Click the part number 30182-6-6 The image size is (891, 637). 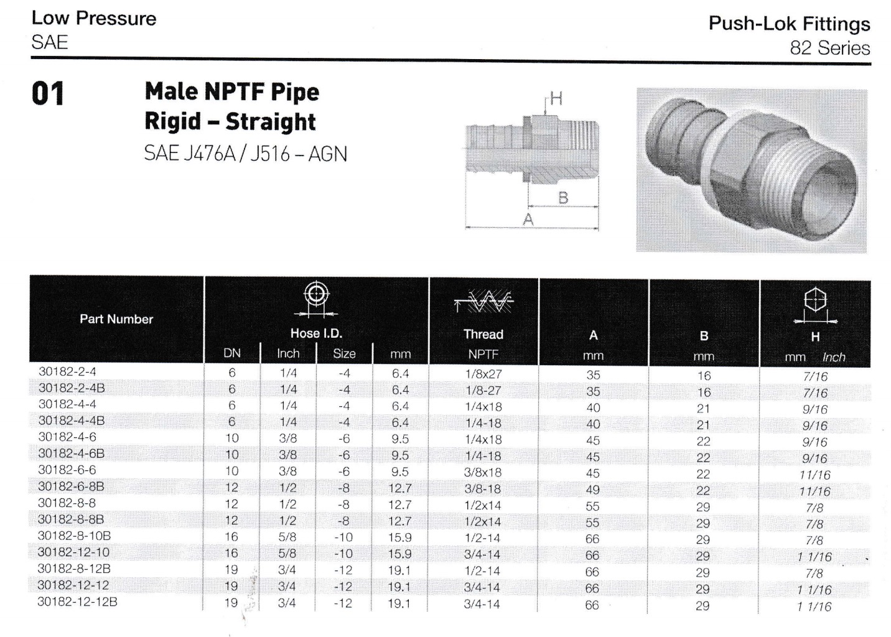pyautogui.click(x=67, y=470)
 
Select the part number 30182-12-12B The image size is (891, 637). pyautogui.click(x=78, y=602)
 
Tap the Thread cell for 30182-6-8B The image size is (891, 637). pyautogui.click(x=482, y=489)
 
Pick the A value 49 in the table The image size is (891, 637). pyautogui.click(x=592, y=490)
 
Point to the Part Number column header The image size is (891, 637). pyautogui.click(x=116, y=319)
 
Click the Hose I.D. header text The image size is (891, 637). pyautogui.click(x=316, y=333)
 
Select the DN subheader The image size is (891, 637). pyautogui.click(x=232, y=354)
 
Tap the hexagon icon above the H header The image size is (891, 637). pyautogui.click(x=814, y=300)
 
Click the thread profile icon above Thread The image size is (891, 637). pyautogui.click(x=483, y=303)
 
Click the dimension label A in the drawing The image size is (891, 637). pyautogui.click(x=528, y=220)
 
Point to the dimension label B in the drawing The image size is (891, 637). pyautogui.click(x=563, y=198)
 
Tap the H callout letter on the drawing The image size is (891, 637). pyautogui.click(x=556, y=99)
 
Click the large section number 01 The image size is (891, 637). pyautogui.click(x=48, y=95)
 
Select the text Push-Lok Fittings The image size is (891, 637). pyautogui.click(x=789, y=24)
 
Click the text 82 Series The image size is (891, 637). pyautogui.click(x=829, y=48)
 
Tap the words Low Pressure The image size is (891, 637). pyautogui.click(x=94, y=18)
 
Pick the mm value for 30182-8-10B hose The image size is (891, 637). pyautogui.click(x=399, y=537)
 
